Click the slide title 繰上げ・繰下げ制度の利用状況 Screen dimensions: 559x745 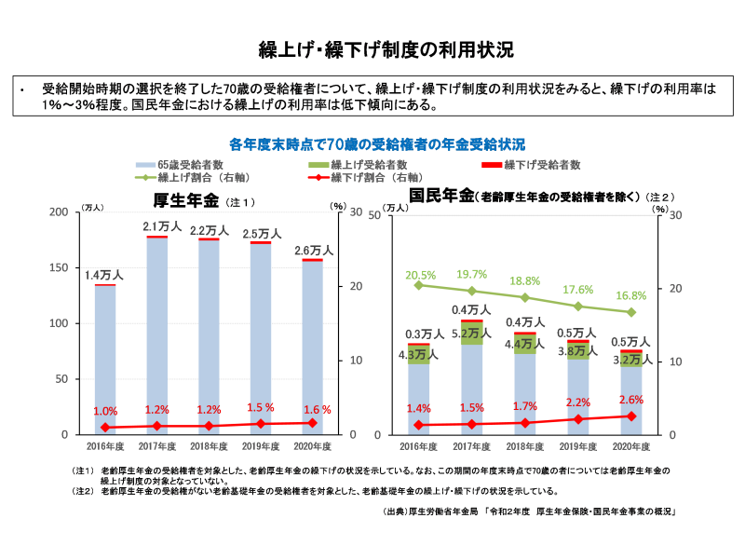click(372, 48)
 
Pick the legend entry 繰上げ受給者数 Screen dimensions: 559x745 click(346, 164)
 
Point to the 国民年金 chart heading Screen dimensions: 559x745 click(441, 197)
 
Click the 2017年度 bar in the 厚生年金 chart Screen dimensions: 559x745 click(156, 335)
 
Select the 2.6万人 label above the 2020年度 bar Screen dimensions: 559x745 click(314, 251)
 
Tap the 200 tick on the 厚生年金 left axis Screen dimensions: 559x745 click(58, 212)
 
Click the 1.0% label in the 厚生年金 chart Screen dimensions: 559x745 click(105, 411)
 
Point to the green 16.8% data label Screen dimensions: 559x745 click(631, 295)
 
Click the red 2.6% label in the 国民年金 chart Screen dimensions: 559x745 click(631, 400)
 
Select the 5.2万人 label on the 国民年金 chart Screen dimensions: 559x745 click(472, 333)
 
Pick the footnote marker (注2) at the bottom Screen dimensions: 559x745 click(83, 490)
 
